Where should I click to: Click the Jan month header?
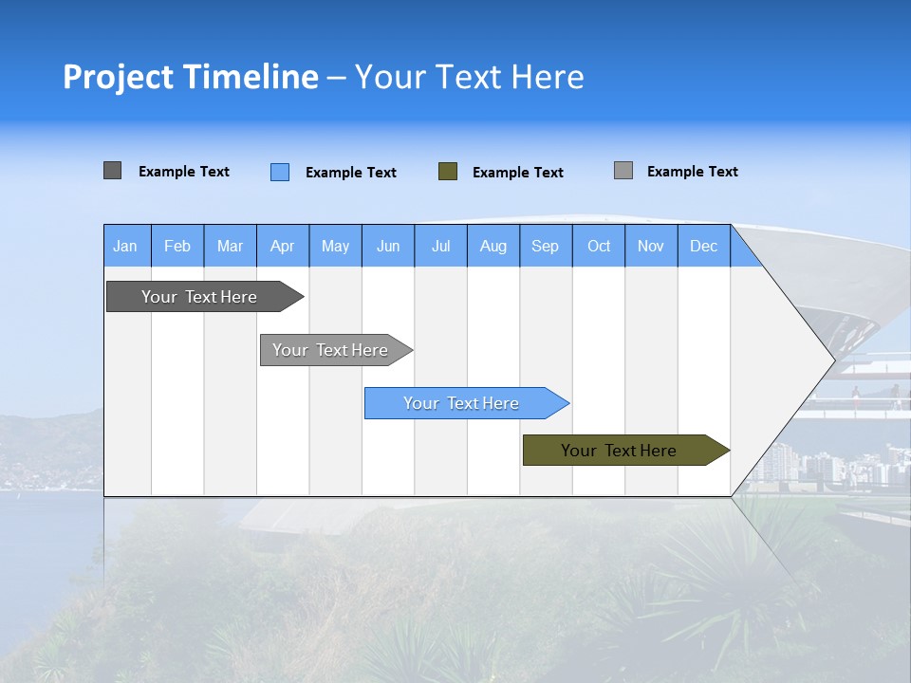pos(125,246)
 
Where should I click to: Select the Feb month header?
pos(177,246)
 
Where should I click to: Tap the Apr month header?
pos(283,246)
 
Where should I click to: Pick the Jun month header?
pos(388,246)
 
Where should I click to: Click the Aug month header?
pos(493,246)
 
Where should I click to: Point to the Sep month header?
pos(546,246)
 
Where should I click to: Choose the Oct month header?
pos(599,246)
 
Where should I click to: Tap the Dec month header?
pos(704,246)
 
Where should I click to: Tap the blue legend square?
pos(280,172)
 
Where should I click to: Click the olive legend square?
pos(448,172)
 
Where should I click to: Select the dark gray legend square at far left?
pos(113,171)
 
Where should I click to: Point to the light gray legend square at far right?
pos(623,171)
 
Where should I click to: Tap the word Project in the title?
pos(118,78)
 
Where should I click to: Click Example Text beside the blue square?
pos(351,173)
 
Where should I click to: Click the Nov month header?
pos(651,246)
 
